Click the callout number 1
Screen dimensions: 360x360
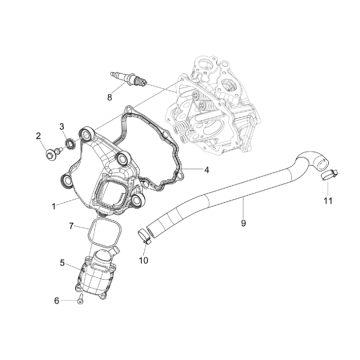pos(54,207)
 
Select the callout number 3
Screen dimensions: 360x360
pos(62,126)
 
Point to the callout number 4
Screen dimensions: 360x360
pos(207,170)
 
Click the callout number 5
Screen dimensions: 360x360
pos(62,263)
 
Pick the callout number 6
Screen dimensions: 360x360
pos(57,301)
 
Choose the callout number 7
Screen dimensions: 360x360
pos(71,226)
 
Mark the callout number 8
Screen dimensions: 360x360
pos(110,97)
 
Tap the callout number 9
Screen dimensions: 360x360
pos(243,223)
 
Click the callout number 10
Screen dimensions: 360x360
pos(143,260)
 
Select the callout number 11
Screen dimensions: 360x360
pos(328,201)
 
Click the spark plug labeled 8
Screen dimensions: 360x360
pos(128,78)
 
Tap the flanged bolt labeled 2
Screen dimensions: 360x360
pos(54,153)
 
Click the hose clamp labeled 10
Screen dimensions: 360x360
pos(145,235)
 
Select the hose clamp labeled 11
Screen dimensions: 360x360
pos(329,175)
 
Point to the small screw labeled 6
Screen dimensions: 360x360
pos(80,301)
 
